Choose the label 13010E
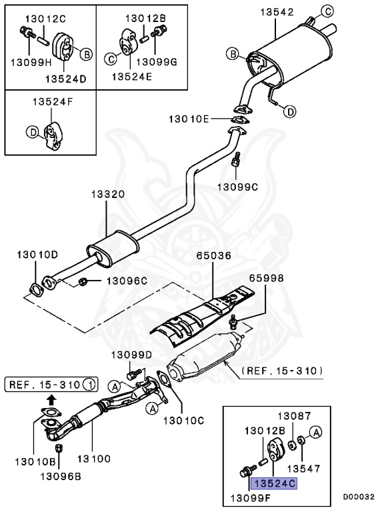188,119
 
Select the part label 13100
93,460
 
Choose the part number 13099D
131,355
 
